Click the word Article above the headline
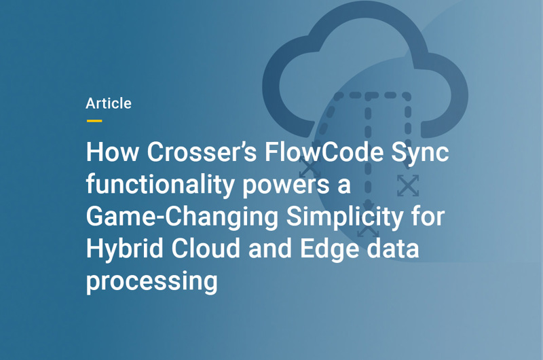coord(109,104)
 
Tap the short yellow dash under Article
coord(94,121)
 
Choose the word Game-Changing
coord(183,217)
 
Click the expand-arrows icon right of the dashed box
coord(408,185)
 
